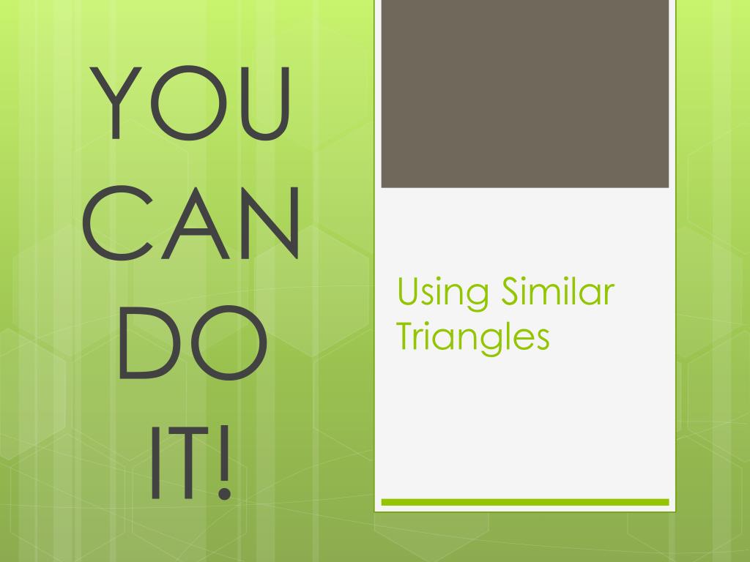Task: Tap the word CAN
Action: [194, 222]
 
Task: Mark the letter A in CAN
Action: [194, 222]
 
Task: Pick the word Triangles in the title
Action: [472, 337]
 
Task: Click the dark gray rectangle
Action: [525, 94]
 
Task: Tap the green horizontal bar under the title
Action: [525, 502]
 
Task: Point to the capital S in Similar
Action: [510, 291]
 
